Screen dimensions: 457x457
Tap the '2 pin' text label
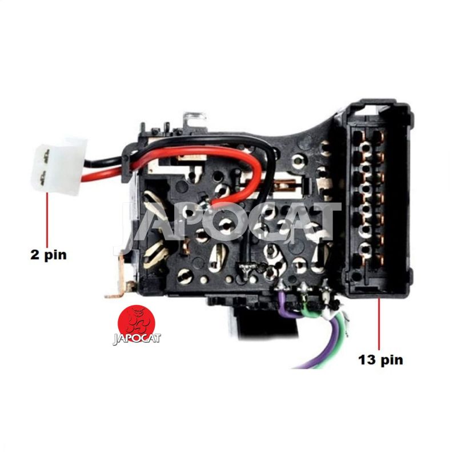49,255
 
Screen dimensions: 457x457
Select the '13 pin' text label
380,360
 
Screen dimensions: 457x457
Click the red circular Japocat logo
136,324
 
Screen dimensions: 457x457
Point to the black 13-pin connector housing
378,198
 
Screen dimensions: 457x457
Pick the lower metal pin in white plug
43,178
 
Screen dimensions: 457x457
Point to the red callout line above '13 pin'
379,323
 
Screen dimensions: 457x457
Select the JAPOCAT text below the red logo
137,339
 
